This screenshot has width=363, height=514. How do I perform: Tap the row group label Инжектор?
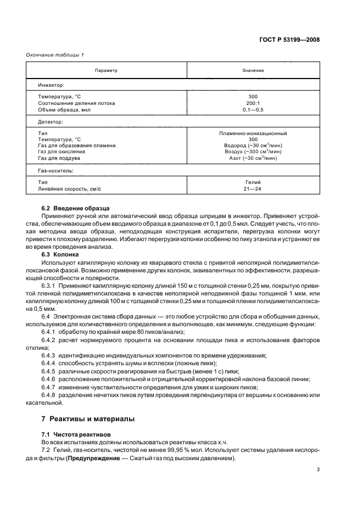click(x=51, y=86)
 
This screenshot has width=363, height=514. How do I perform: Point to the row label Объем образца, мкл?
click(x=64, y=110)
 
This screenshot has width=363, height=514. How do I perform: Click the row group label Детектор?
click(x=51, y=121)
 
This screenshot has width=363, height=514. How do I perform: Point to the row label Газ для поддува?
click(x=59, y=158)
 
